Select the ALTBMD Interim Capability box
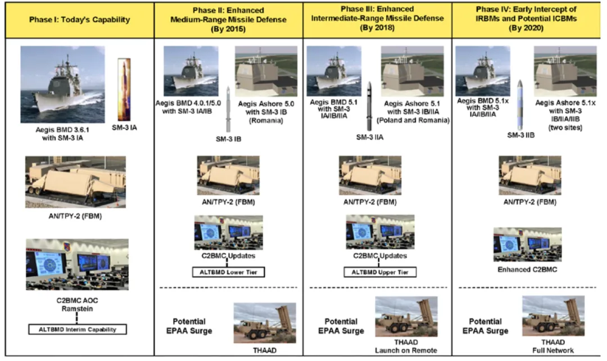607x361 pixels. (x=78, y=330)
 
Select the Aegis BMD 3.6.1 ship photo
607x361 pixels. (x=62, y=84)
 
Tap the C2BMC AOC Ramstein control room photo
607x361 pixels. (x=77, y=265)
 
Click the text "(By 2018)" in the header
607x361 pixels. (x=377, y=27)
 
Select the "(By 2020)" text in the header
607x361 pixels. (x=527, y=27)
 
